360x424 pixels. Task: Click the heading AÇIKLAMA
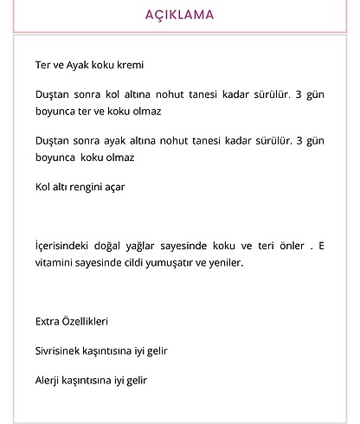coord(180,15)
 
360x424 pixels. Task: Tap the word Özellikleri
coord(87,321)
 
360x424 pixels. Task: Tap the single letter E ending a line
coord(321,246)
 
